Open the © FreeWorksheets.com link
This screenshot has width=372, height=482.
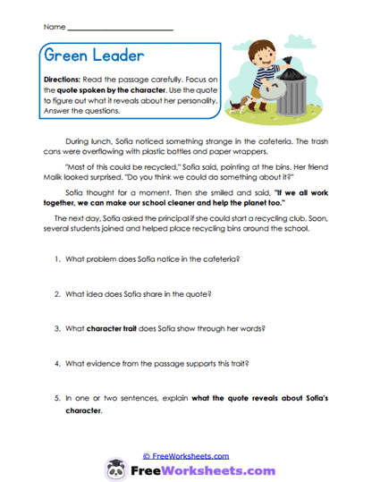186,455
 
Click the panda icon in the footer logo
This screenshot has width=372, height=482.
116,469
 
